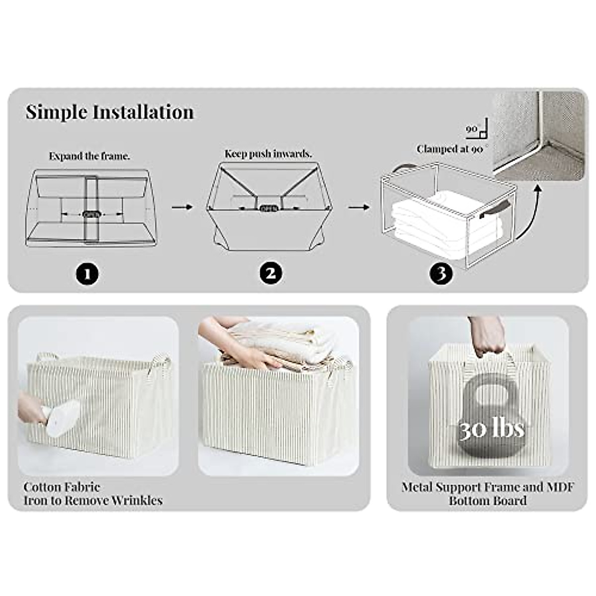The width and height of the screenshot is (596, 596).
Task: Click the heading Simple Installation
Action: (110, 112)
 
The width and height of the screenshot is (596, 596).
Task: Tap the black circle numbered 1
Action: (88, 274)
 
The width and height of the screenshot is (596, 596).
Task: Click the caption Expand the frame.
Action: (89, 156)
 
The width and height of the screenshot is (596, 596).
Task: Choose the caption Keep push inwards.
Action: (268, 153)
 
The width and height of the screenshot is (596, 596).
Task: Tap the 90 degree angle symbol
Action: (479, 130)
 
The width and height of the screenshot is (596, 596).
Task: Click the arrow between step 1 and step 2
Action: (182, 206)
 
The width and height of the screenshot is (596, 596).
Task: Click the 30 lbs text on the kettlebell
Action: (491, 429)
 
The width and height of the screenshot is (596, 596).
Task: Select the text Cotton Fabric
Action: (62, 487)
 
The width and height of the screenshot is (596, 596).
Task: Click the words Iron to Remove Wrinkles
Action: (93, 500)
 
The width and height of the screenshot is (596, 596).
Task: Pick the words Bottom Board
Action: (488, 500)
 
